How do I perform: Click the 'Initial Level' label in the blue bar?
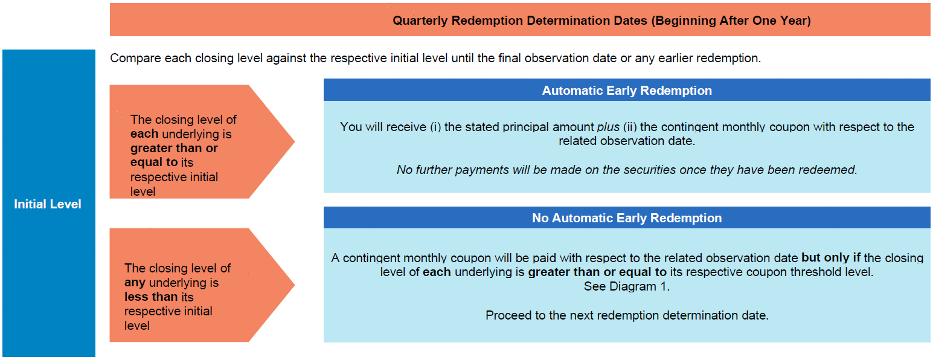pos(48,204)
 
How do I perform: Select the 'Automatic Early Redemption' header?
pos(627,91)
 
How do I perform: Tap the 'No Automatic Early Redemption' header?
pos(627,218)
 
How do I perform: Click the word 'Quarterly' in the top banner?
pos(420,21)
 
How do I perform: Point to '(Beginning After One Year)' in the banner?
pos(731,21)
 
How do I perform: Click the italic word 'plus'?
pos(609,127)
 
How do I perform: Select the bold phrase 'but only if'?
pos(831,257)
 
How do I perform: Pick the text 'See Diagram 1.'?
pos(627,286)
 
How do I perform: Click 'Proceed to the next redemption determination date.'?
pos(627,315)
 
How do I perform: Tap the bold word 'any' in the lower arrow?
pos(135,283)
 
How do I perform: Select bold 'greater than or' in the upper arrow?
pos(174,148)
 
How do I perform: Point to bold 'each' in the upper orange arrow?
pos(144,133)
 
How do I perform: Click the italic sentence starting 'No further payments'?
pos(627,170)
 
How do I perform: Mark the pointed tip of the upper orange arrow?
pos(295,142)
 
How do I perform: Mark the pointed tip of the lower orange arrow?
pos(295,285)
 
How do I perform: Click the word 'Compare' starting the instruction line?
pos(135,58)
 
